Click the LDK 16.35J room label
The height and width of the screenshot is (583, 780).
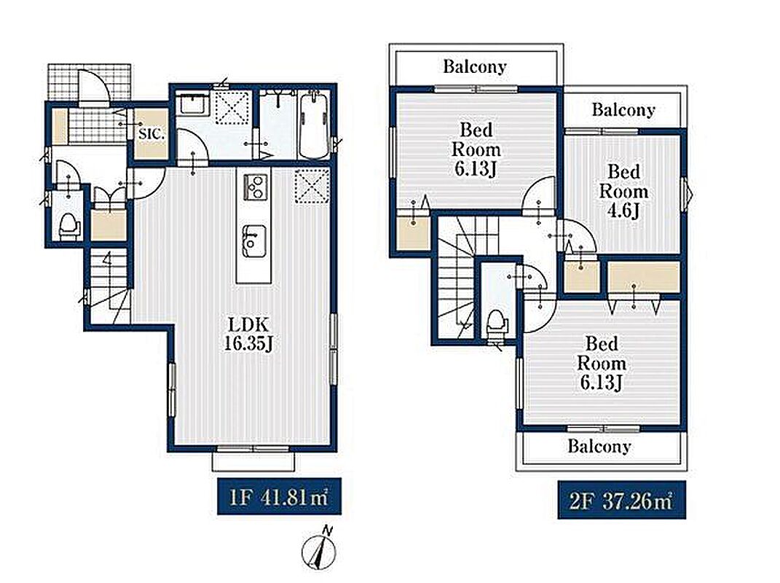pos(248,334)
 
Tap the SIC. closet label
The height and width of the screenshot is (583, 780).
pos(151,133)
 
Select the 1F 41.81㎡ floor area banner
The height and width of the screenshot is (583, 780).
pos(279,496)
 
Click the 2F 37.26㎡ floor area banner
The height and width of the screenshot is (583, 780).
pos(622,500)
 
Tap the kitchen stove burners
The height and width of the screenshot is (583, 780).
pos(255,187)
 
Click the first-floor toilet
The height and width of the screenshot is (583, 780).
pos(69,225)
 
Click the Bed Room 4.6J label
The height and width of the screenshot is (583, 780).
pos(624,192)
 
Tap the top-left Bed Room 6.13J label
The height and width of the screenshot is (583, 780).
pos(476,149)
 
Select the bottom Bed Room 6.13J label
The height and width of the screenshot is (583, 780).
pos(602,363)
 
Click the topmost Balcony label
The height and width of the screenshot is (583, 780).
pos(475,67)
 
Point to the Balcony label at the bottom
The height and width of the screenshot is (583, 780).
pos(599,446)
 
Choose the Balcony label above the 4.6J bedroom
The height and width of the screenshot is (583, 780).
pos(623,109)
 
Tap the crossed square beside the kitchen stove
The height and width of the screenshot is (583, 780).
pos(312,186)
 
